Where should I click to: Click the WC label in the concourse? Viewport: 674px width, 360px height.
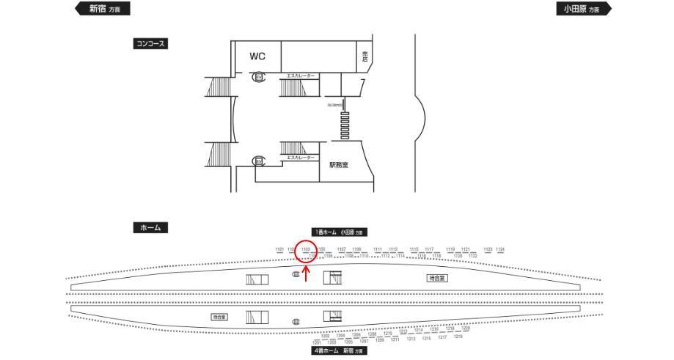tap(257, 56)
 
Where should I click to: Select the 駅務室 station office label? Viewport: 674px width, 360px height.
tap(339, 165)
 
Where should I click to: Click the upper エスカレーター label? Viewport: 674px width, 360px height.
tap(301, 76)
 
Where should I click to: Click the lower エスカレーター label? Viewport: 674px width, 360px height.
tap(301, 158)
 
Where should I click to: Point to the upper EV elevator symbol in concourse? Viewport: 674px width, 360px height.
tap(259, 77)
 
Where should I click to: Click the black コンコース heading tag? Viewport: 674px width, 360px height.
tap(150, 43)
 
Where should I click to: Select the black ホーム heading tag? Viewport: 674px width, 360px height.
tap(150, 227)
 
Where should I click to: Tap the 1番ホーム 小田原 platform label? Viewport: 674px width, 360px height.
tap(339, 232)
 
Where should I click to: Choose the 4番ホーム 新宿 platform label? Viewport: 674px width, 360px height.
tap(339, 351)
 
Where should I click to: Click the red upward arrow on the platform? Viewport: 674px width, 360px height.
tap(307, 273)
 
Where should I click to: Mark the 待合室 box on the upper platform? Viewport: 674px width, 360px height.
tap(438, 279)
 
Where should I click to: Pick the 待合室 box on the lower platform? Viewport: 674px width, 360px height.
tap(219, 317)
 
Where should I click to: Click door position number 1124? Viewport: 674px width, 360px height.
tap(500, 249)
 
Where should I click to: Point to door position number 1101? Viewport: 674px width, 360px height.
tap(279, 249)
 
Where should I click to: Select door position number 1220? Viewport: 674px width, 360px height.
tap(466, 328)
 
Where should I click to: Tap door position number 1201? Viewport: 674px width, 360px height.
tap(317, 342)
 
